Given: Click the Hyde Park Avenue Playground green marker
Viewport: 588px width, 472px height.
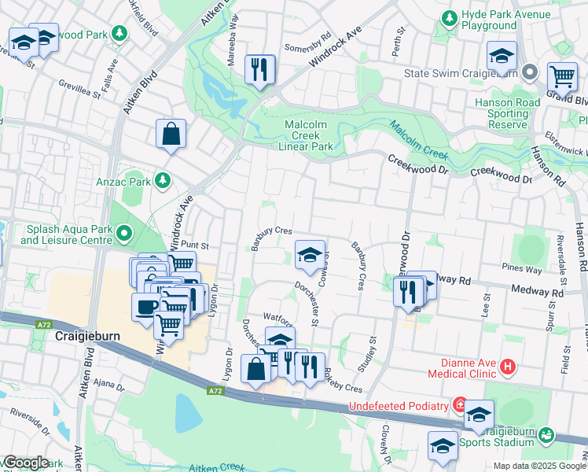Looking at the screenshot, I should pyautogui.click(x=450, y=17).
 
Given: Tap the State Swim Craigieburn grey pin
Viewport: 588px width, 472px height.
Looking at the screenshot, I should pyautogui.click(x=531, y=73).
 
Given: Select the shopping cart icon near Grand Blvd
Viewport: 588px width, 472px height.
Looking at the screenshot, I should pyautogui.click(x=562, y=77).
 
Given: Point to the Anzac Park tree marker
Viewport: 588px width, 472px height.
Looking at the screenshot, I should pyautogui.click(x=163, y=181).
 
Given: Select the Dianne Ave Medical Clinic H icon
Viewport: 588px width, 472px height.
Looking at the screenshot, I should pyautogui.click(x=508, y=367).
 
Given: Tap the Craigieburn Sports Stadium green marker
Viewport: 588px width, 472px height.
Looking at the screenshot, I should pyautogui.click(x=547, y=435).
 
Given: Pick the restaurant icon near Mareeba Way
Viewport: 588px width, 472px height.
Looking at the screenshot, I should pyautogui.click(x=259, y=69).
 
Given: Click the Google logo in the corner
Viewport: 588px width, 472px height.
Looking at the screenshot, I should pyautogui.click(x=25, y=463).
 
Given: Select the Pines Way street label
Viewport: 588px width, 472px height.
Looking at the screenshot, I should pyautogui.click(x=524, y=270).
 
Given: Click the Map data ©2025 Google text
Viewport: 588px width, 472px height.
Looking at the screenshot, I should pyautogui.click(x=539, y=466).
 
